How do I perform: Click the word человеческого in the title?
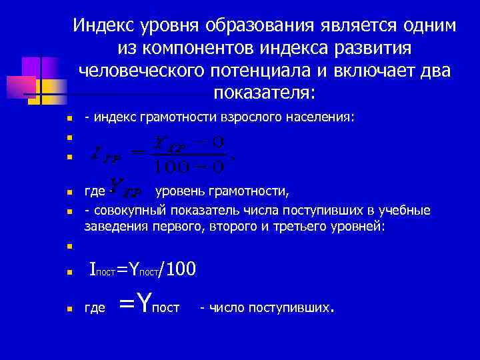pos(150,70)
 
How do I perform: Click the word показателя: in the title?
pos(265,91)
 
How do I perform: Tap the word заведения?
pos(111,226)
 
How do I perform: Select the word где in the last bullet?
pos(95,307)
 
